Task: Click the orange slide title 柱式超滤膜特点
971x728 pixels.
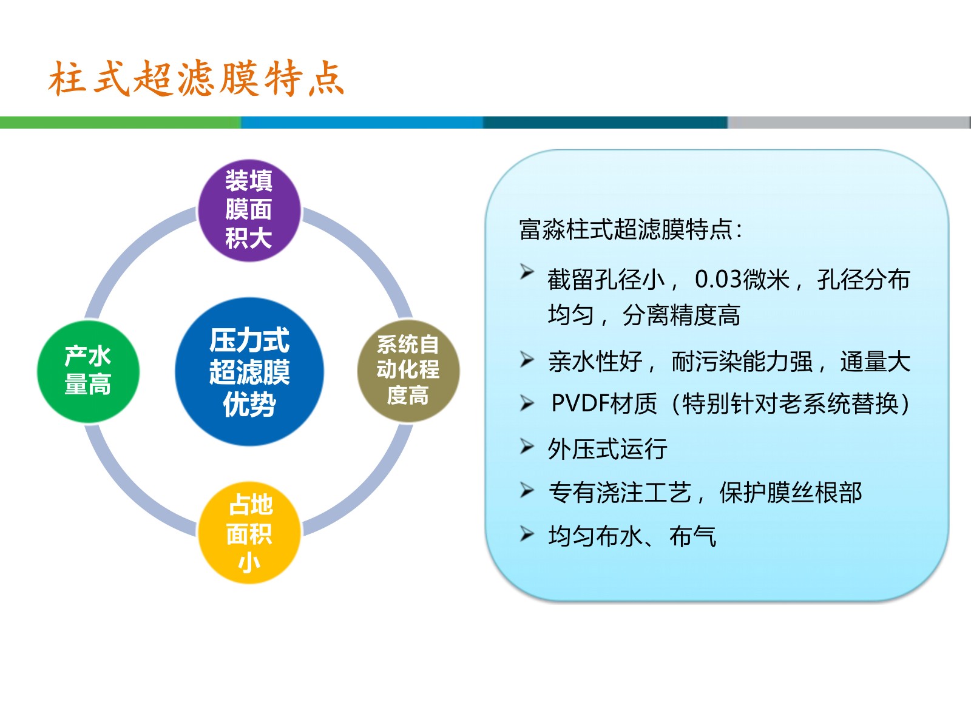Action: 196,79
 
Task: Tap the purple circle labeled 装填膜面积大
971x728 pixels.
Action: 249,211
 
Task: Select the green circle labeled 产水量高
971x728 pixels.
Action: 88,372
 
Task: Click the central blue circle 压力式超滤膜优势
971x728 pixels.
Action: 249,372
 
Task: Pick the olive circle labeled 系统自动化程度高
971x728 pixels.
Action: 408,371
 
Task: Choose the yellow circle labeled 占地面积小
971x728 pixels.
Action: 249,533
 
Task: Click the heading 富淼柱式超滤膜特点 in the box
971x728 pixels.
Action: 626,229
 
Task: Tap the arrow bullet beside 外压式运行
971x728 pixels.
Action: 527,447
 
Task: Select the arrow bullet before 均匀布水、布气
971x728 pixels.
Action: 527,534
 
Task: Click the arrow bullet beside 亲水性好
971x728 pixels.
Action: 527,359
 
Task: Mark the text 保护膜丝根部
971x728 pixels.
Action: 791,493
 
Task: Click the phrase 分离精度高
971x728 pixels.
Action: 682,315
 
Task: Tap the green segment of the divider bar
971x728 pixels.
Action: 120,123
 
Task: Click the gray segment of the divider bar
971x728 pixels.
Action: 849,123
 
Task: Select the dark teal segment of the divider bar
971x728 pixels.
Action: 605,123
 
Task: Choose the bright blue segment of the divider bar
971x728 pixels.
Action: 362,123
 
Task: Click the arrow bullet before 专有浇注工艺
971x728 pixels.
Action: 527,490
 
